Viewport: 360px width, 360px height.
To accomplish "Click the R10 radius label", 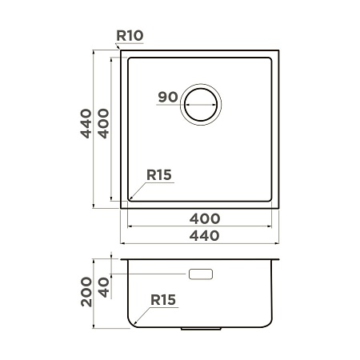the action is pos(130,36).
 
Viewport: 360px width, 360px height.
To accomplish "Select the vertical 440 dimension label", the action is pos(86,123).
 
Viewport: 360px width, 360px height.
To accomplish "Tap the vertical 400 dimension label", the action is pos(103,123).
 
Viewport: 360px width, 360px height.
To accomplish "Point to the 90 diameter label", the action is pos(168,97).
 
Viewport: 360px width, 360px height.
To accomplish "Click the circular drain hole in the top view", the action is pos(201,89).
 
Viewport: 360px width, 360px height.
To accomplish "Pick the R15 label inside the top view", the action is pos(159,175).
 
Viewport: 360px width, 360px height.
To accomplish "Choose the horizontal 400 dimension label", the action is pos(205,219).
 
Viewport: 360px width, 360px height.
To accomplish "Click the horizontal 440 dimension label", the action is pos(205,236).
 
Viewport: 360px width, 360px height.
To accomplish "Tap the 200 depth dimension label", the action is pos(86,292).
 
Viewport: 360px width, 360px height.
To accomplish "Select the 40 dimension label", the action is pos(104,287).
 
